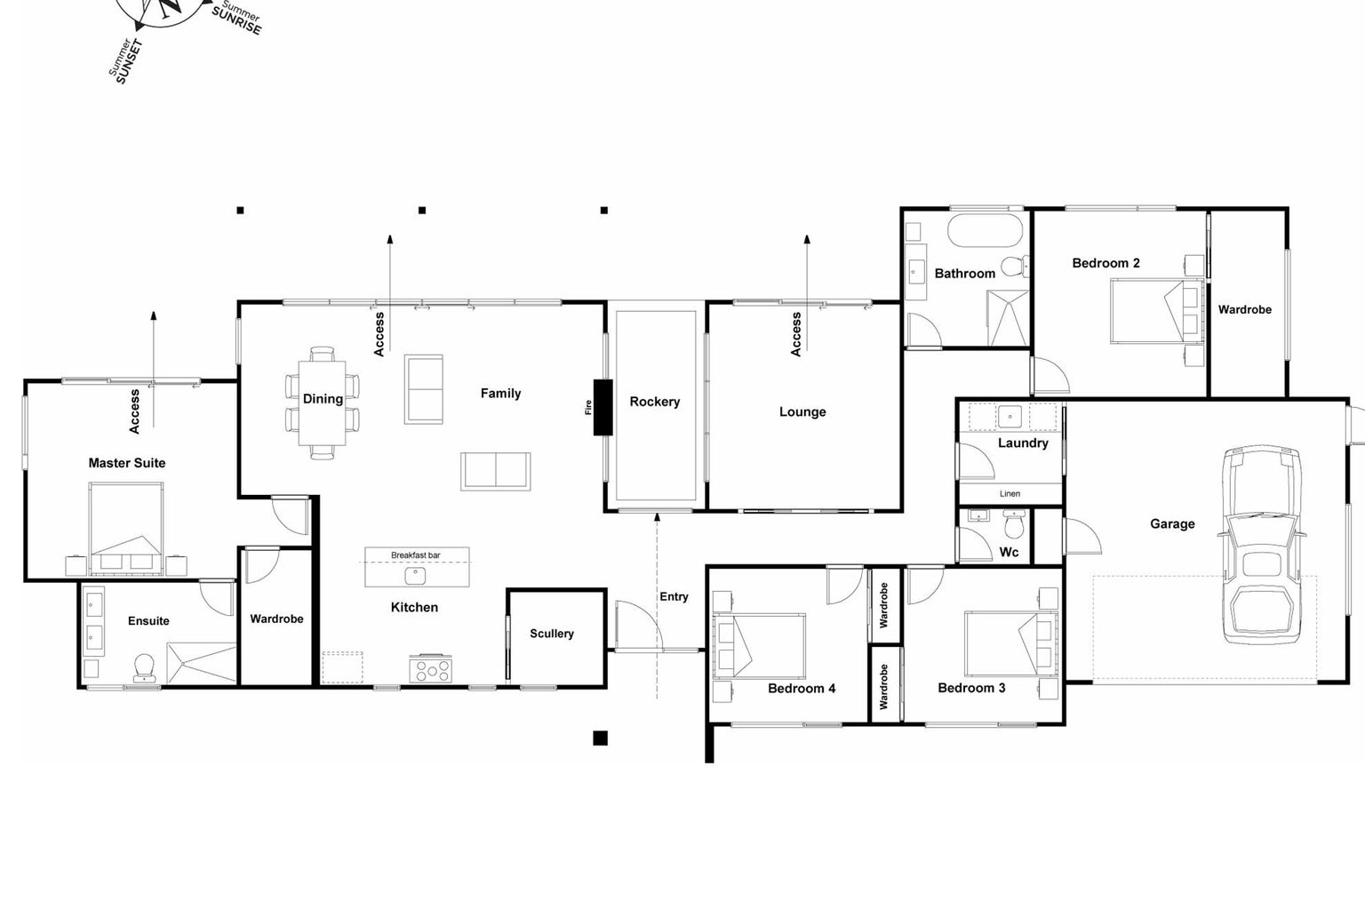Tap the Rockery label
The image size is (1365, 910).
pos(655,402)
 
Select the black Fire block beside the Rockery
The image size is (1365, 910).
pos(603,407)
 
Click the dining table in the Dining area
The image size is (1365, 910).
pos(322,403)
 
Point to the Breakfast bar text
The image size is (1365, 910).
pos(415,555)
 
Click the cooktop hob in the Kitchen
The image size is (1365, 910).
pos(430,669)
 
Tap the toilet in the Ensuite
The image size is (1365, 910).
pos(144,667)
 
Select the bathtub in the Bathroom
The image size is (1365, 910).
pos(985,230)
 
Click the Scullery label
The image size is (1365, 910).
pos(552,634)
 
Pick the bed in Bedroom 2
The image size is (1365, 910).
pos(1155,311)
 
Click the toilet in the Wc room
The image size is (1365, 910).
pos(1014,524)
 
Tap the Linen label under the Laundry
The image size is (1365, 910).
pos(1010,494)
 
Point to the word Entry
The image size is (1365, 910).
pos(674,596)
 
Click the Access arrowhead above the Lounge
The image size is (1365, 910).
pos(807,239)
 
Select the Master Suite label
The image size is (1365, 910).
pos(127,463)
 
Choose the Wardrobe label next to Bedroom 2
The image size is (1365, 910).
pos(1244,309)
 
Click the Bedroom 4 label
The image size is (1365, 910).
pos(802,688)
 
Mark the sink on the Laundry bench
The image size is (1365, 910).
pos(1010,416)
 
